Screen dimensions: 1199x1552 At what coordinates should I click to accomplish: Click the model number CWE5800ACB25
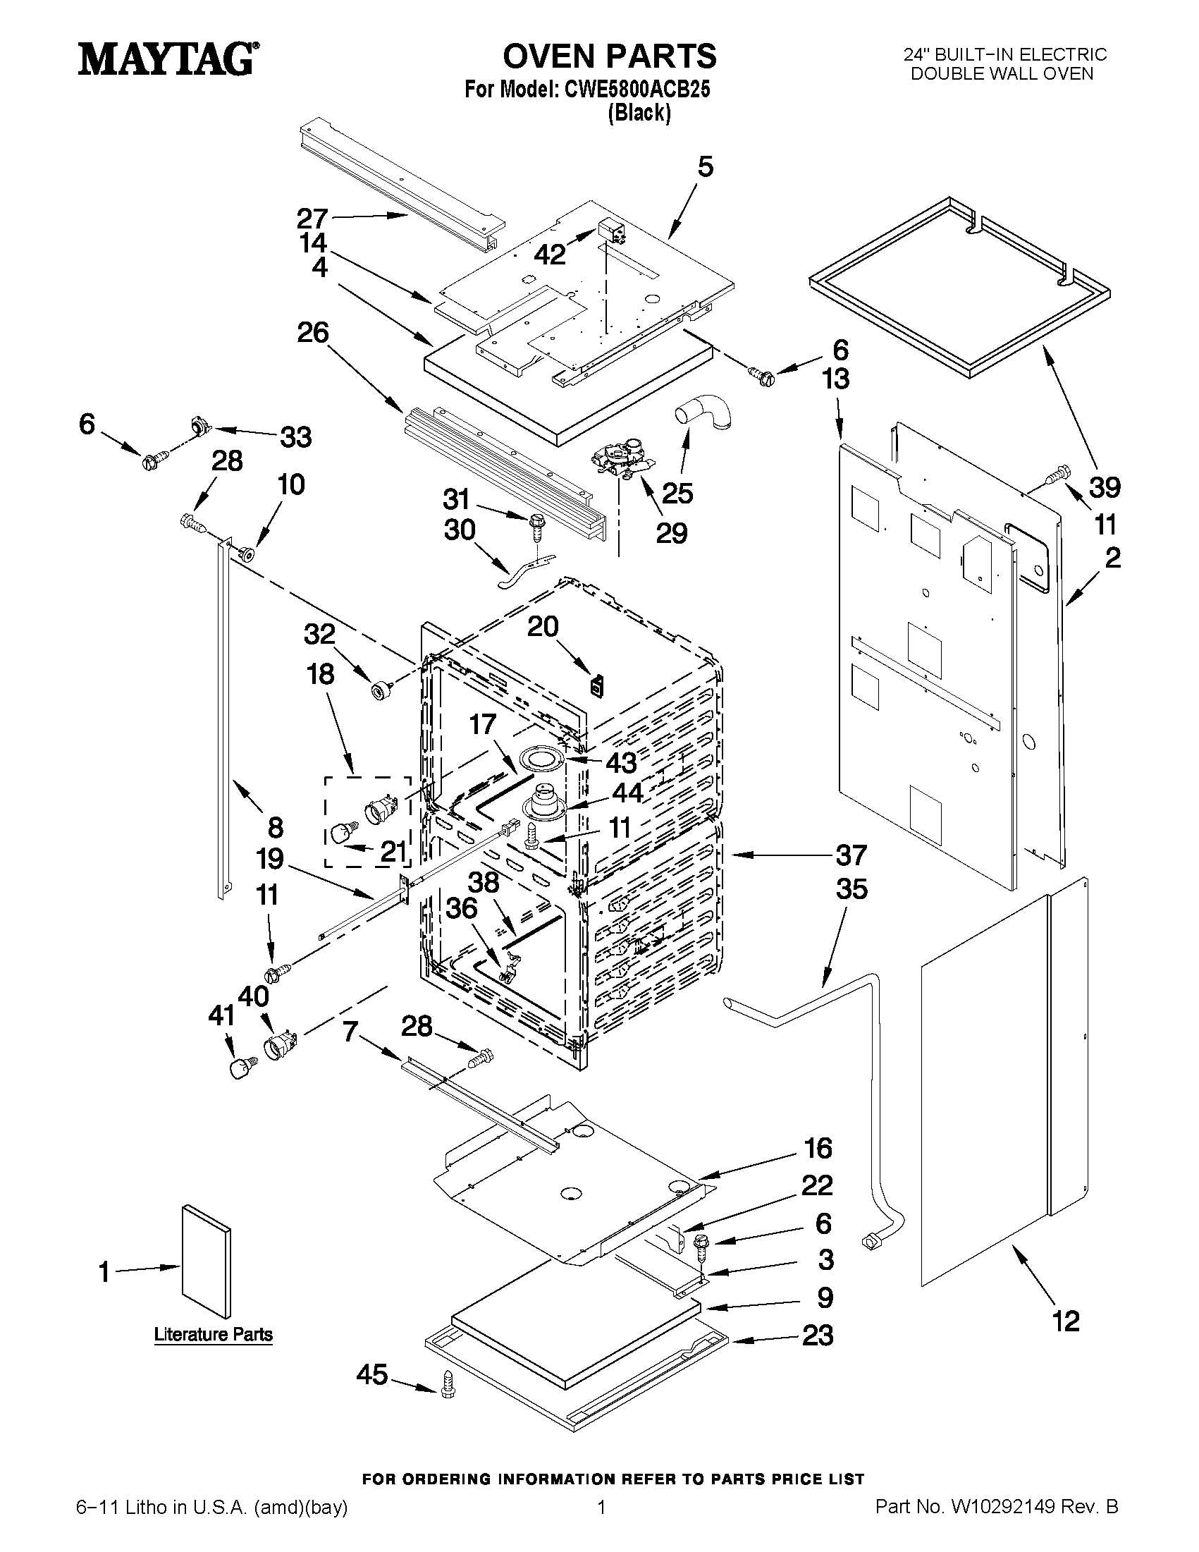coord(637,90)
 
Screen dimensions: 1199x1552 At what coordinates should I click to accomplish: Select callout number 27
coord(312,218)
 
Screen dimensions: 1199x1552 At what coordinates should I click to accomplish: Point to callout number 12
coord(1066,1321)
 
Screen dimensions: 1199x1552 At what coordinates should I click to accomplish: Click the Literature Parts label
coord(213,1335)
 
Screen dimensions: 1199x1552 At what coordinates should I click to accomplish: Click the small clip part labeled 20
coord(596,686)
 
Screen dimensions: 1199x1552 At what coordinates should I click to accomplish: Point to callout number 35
coord(851,888)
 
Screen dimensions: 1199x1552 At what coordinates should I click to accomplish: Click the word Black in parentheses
coord(639,113)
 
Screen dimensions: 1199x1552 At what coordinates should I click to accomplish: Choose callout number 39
coord(1105,487)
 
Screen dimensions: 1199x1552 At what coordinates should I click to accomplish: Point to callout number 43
coord(621,763)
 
